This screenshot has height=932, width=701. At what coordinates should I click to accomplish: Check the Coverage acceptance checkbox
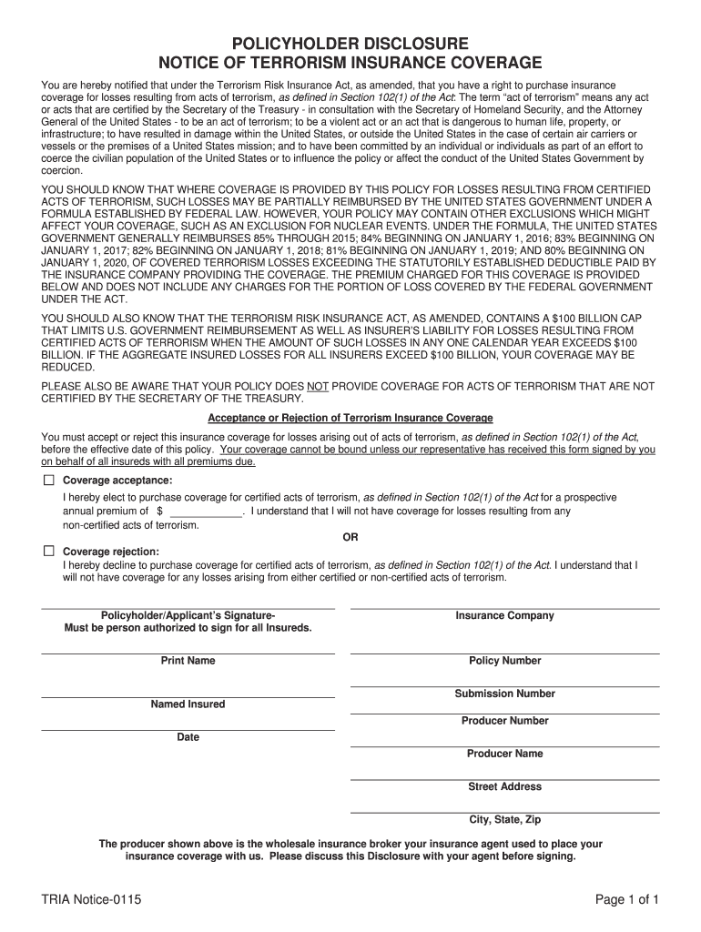(x=48, y=480)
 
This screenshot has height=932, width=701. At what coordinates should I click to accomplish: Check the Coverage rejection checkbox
(x=48, y=551)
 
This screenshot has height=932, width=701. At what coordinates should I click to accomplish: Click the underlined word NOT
(x=318, y=386)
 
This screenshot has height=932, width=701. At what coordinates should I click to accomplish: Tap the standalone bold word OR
(x=350, y=537)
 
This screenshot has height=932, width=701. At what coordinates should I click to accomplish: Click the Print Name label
(x=188, y=661)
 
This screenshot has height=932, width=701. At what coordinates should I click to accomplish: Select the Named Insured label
(x=188, y=704)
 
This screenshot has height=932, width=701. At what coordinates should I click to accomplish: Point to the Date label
(x=188, y=737)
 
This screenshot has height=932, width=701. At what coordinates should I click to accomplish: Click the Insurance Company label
(x=504, y=616)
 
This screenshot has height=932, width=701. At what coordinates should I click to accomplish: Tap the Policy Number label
(x=504, y=661)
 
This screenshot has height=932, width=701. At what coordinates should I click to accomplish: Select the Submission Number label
(x=504, y=694)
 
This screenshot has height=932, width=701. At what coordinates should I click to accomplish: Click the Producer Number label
(x=504, y=721)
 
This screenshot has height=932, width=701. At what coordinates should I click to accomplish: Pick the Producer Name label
(x=504, y=754)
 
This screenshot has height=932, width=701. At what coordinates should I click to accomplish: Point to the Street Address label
(x=504, y=786)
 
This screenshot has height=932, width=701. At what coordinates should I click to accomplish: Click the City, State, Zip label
(x=504, y=819)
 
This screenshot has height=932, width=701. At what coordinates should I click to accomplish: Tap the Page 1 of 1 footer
(x=626, y=900)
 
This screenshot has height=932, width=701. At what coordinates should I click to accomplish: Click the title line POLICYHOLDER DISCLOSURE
(x=350, y=44)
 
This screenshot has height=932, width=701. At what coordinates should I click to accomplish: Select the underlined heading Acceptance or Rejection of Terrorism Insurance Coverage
(x=350, y=418)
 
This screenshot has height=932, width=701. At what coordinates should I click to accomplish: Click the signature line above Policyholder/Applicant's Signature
(x=188, y=608)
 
